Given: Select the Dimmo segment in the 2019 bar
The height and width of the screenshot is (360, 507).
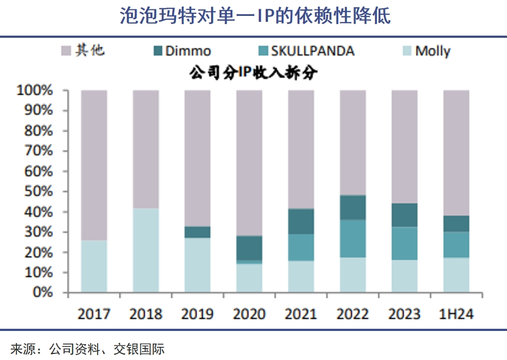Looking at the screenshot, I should (197, 232).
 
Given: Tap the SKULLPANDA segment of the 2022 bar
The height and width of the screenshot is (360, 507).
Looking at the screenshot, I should (352, 238).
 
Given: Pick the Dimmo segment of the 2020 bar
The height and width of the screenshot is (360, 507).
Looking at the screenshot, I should (249, 248).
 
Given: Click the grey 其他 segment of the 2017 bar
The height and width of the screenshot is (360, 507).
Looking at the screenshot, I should (94, 164).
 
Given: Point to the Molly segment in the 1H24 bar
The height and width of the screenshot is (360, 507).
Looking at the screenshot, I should (456, 275).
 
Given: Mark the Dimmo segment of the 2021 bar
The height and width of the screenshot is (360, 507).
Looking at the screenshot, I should (301, 221).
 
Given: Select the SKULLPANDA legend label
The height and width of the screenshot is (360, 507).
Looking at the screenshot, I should (313, 52).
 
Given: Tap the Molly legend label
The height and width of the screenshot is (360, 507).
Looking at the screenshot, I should (433, 52).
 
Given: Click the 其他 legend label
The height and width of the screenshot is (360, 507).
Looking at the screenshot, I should (90, 51).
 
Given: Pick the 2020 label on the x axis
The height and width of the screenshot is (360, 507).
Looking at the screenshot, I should (249, 314).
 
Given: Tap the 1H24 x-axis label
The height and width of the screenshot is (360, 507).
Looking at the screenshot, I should (456, 314).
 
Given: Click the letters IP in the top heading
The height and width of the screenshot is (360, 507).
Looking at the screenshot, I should (269, 16).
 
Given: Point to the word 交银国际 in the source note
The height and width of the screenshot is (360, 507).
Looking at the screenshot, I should (139, 348).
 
